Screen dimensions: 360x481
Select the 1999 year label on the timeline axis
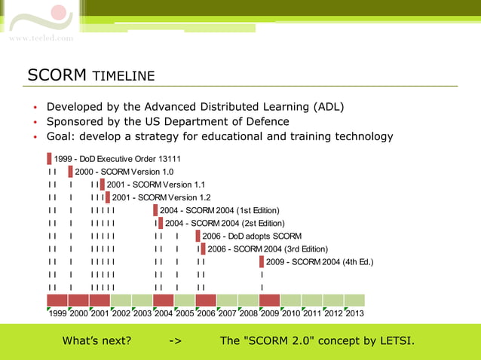click(57, 313)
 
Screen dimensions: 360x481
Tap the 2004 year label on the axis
click(164, 313)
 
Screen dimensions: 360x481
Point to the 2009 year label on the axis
click(269, 313)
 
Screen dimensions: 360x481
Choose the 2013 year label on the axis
click(354, 313)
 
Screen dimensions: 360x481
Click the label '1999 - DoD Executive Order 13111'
click(117, 159)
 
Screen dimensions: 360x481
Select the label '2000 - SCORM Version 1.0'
click(124, 172)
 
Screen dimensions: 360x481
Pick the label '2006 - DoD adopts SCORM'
click(251, 236)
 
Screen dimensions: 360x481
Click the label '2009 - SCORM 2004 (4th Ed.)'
click(320, 262)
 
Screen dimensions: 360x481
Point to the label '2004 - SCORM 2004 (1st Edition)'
click(219, 210)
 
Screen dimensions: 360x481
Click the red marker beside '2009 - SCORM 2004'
click(262, 262)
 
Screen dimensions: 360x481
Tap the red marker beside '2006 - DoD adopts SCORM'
click(198, 236)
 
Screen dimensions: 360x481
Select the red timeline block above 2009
click(269, 300)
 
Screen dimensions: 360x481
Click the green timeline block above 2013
click(354, 300)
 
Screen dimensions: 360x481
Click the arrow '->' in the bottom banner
click(175, 341)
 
